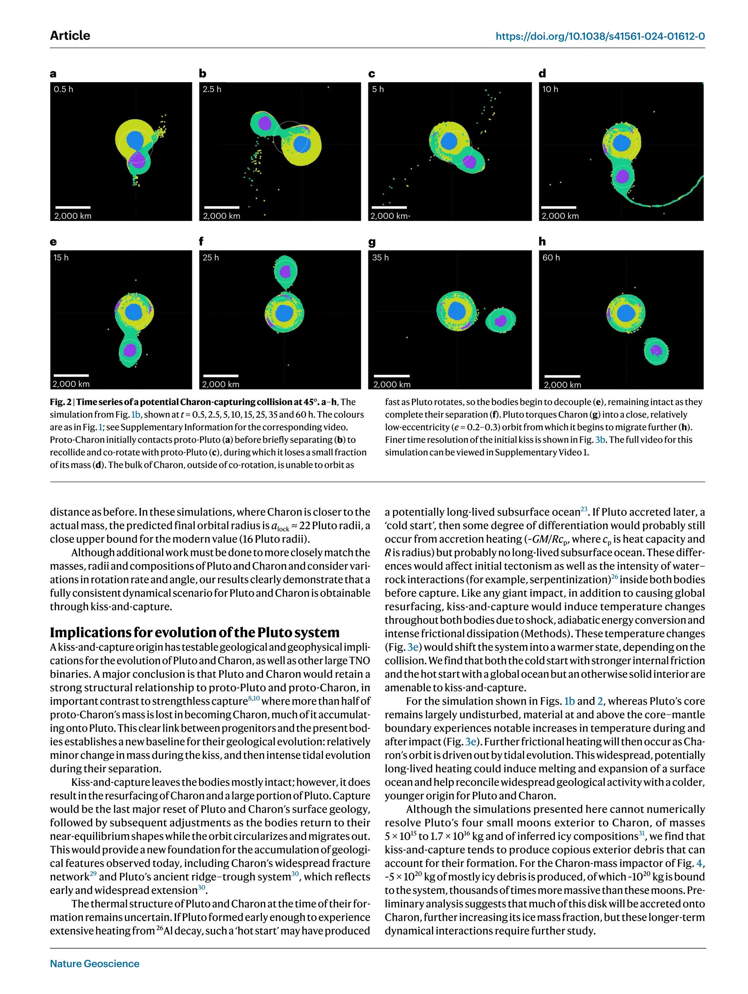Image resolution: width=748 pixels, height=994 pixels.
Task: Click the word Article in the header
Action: [70, 35]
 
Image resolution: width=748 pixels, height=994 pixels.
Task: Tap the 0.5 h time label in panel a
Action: [63, 89]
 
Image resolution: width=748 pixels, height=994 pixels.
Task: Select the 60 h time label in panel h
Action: [551, 258]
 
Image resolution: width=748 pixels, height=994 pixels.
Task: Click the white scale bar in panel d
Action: [558, 207]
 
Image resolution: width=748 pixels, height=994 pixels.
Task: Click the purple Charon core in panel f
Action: [285, 271]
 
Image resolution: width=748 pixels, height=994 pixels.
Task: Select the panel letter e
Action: [53, 242]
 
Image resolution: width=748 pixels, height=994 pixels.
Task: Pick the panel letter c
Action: [371, 73]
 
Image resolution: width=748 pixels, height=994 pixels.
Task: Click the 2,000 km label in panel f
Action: [221, 384]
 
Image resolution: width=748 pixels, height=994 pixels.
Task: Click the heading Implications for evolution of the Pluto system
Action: [195, 632]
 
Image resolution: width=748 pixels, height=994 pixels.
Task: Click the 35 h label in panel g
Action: [380, 258]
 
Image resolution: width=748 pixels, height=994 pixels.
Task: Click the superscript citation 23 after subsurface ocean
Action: [584, 509]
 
